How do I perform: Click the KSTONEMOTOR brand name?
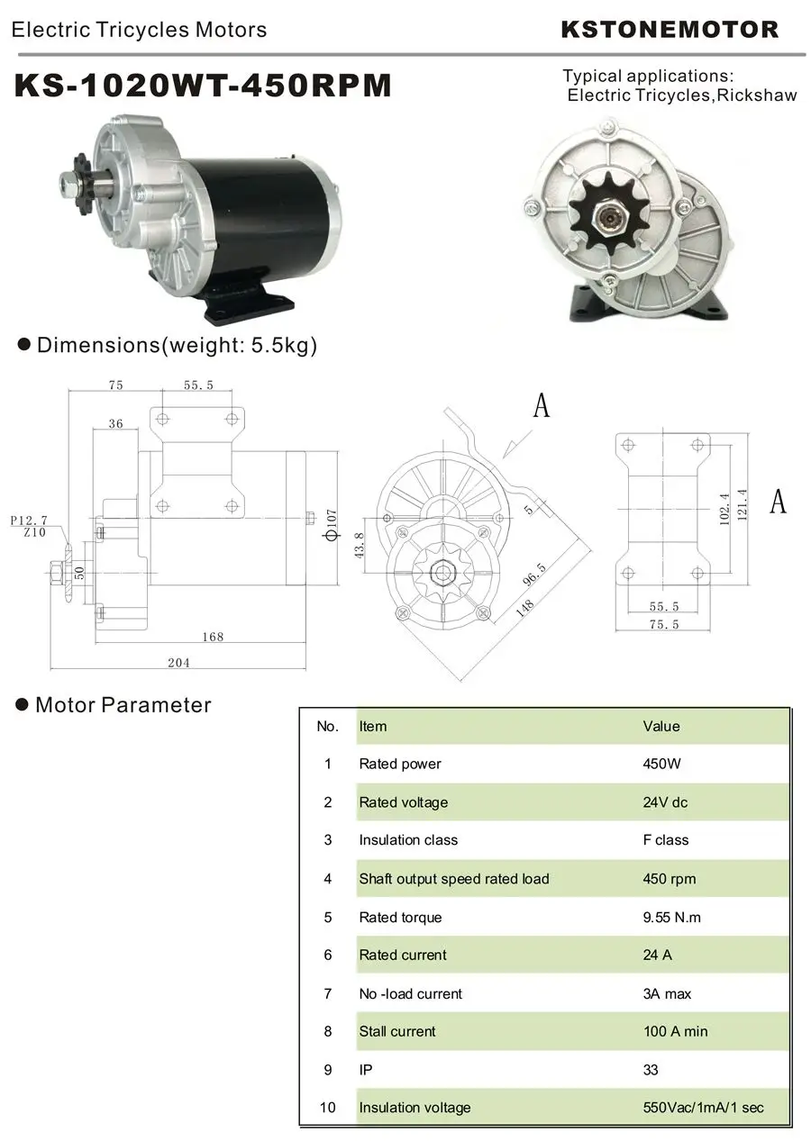tap(670, 30)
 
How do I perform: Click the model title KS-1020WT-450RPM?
tap(204, 86)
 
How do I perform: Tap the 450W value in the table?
tap(661, 764)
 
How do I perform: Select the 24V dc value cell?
tap(665, 802)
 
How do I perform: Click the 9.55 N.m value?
tap(671, 917)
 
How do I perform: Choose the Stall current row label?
tap(396, 1031)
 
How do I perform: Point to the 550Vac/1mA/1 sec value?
tap(703, 1107)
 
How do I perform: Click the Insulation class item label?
tap(408, 840)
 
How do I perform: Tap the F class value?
tap(665, 840)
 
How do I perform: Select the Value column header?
tap(661, 726)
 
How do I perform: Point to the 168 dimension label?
tap(213, 637)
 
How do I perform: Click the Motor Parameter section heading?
tap(123, 704)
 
